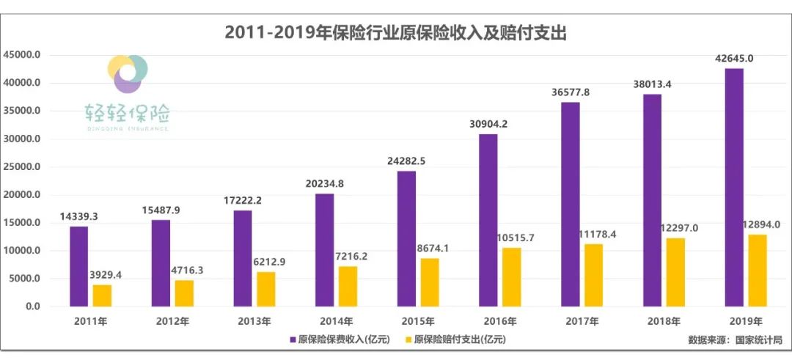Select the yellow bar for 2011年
(x=102, y=295)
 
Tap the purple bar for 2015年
(x=406, y=238)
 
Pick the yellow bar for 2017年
(x=593, y=275)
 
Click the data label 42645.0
(x=733, y=59)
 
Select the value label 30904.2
(x=488, y=124)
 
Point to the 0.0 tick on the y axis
(x=32, y=306)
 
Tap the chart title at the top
(x=396, y=33)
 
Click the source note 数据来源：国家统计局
(x=735, y=340)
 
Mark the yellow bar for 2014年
(x=348, y=286)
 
